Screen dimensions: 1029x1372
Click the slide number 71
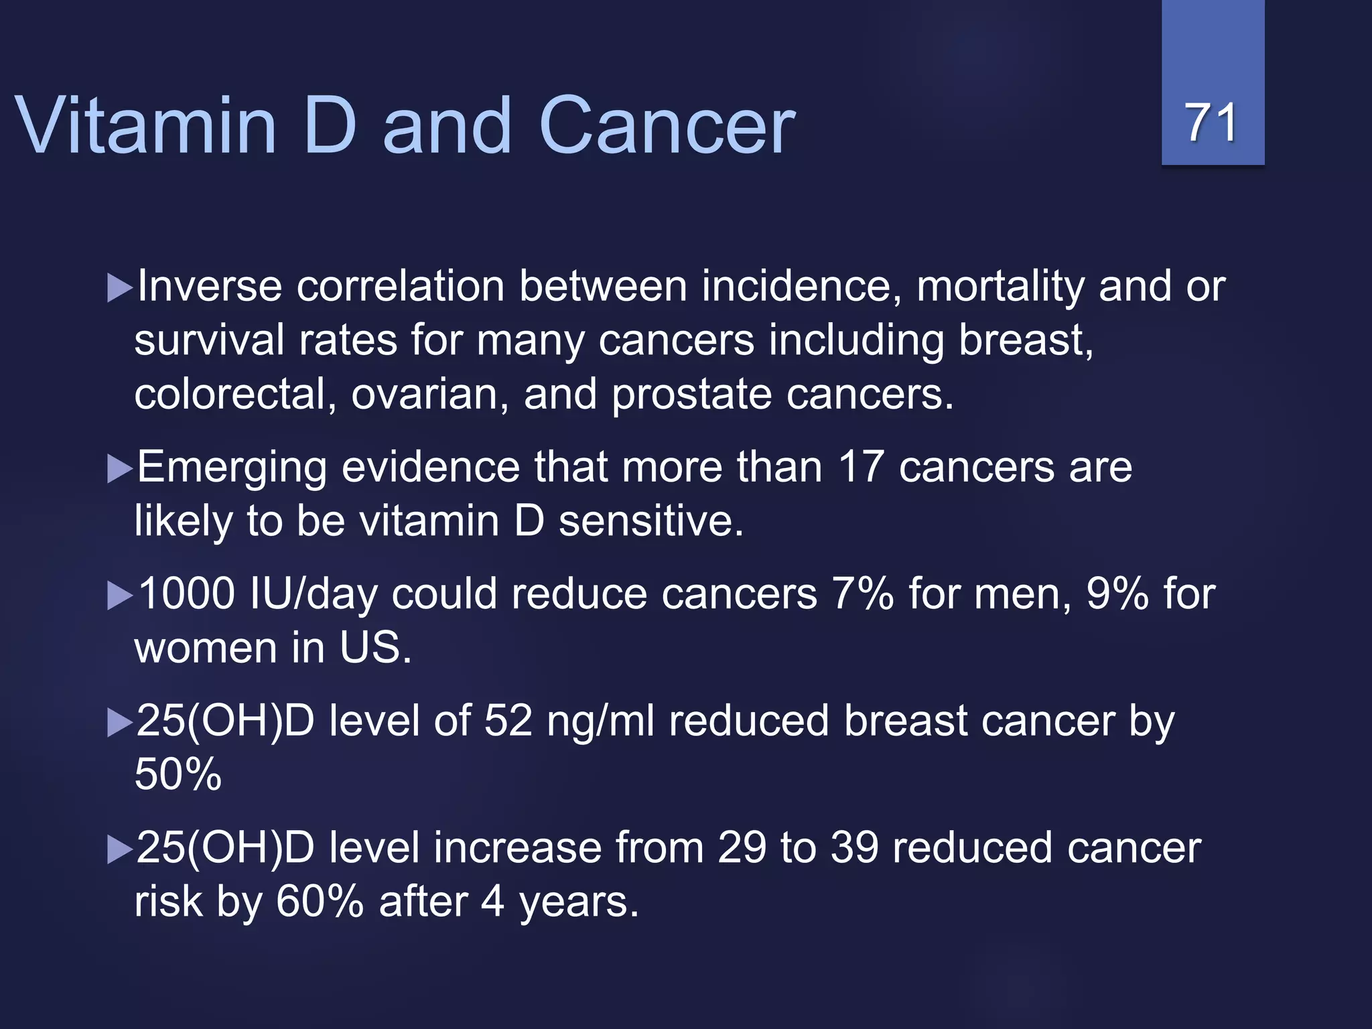tap(1211, 123)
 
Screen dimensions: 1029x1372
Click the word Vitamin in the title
tap(145, 125)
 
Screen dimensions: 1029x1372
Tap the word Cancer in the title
tap(667, 125)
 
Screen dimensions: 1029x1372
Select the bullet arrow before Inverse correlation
tap(119, 288)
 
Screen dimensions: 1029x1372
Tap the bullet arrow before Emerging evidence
tap(119, 469)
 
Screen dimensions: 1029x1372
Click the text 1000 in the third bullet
tap(186, 594)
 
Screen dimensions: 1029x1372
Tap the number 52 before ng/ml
tap(508, 722)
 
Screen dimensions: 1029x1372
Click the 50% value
tap(178, 775)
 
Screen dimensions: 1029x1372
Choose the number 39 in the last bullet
tap(854, 848)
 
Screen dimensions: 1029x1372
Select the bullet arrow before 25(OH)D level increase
tap(119, 850)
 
